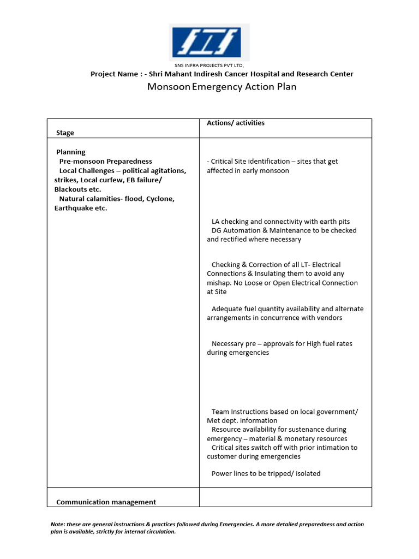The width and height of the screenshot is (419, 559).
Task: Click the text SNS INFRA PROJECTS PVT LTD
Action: (210, 66)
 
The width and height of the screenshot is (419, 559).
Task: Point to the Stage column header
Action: (65, 133)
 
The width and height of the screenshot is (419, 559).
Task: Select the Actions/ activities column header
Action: (236, 123)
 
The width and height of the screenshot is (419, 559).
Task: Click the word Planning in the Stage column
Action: (71, 152)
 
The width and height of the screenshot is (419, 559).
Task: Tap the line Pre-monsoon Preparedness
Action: (105, 162)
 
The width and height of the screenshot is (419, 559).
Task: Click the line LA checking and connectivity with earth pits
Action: (280, 222)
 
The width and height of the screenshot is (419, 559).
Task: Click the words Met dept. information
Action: (242, 421)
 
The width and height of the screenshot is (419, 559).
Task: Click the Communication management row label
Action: (106, 502)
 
